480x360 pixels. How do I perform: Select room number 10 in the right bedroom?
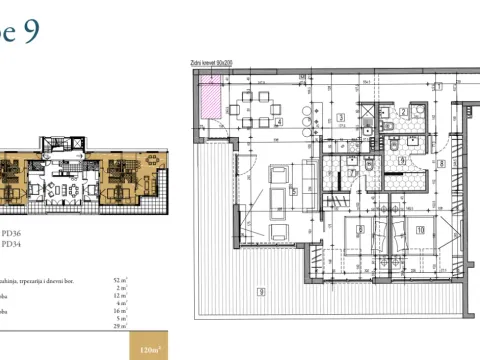(420, 230)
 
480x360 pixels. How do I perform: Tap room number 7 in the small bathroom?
(353, 171)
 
